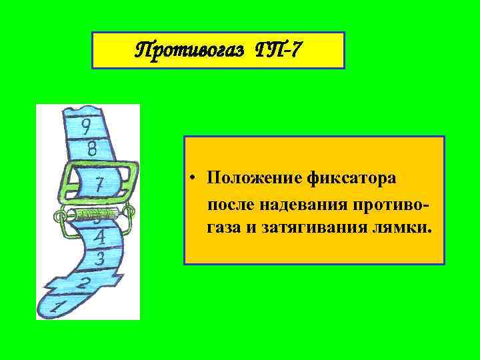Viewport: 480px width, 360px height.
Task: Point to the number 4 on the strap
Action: click(99, 236)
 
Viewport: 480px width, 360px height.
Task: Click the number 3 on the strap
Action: click(100, 257)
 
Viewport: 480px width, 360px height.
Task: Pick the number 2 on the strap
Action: click(83, 283)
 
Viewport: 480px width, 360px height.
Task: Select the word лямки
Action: click(407, 229)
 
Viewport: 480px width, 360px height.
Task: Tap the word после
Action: click(229, 204)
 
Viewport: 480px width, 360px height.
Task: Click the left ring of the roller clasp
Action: click(59, 215)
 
